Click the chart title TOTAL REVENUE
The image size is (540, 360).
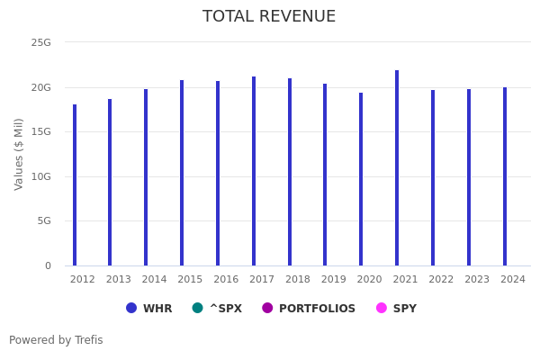tap(269, 17)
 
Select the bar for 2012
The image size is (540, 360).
tap(75, 184)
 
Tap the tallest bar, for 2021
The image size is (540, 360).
tap(397, 167)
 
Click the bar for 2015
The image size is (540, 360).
tap(182, 173)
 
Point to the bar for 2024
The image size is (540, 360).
tap(505, 176)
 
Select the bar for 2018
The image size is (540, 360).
tap(290, 172)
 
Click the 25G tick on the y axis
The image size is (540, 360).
tap(41, 42)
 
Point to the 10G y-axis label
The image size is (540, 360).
tap(41, 176)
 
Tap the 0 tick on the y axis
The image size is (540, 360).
tap(48, 265)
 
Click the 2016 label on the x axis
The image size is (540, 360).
tap(226, 280)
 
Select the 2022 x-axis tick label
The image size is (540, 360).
tap(441, 280)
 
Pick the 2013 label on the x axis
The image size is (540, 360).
tap(118, 280)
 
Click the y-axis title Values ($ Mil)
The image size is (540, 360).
tap(19, 154)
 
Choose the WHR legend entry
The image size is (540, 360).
tap(149, 309)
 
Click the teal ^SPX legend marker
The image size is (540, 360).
tap(197, 308)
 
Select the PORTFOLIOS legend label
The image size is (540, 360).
tap(317, 309)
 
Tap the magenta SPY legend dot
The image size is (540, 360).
tap(381, 308)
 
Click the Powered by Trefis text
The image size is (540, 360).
tap(56, 340)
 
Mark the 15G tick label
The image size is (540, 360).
tap(41, 131)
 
